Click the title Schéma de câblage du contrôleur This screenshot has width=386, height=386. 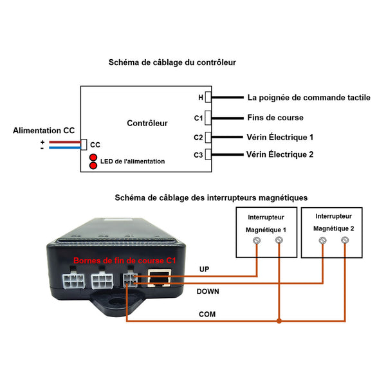(x=172, y=62)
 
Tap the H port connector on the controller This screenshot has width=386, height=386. (x=208, y=97)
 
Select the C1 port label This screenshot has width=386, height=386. (x=198, y=118)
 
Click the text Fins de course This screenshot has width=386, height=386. (x=275, y=118)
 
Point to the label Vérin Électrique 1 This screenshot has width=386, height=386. (x=280, y=137)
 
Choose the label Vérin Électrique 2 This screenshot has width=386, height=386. (x=280, y=154)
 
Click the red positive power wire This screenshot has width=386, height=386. (x=65, y=142)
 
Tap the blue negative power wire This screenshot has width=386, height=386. (x=65, y=148)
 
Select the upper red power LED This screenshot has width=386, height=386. (x=93, y=158)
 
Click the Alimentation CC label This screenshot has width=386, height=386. (x=44, y=131)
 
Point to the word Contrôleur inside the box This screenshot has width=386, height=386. (x=147, y=123)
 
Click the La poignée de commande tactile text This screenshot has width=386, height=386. (x=309, y=98)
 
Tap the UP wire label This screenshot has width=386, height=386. (x=205, y=270)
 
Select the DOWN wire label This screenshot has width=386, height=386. (x=208, y=291)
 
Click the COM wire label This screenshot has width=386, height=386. (x=207, y=314)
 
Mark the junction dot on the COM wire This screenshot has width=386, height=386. (x=279, y=321)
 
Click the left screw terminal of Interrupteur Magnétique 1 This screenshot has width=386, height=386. (x=257, y=240)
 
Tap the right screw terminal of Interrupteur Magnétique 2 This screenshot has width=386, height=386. (x=345, y=240)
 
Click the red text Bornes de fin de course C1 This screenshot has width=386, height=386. (x=125, y=261)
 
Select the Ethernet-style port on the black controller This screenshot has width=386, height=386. (x=160, y=278)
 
